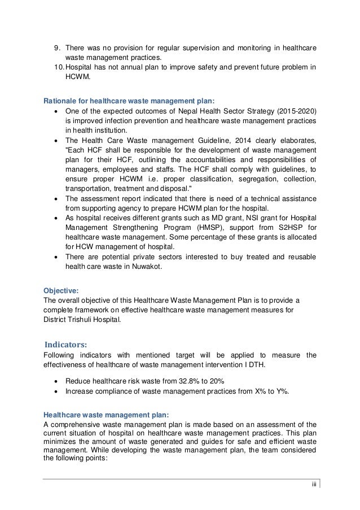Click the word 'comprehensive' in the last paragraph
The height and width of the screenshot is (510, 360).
(75, 424)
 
